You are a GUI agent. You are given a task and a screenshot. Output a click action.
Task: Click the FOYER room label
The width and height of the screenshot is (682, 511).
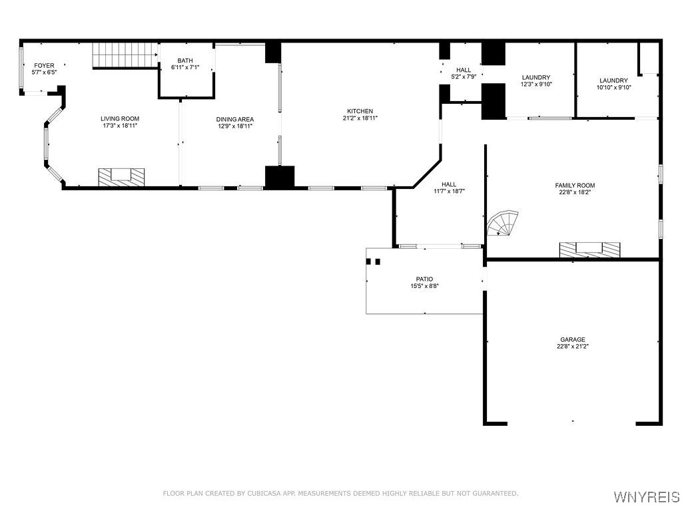[45, 66]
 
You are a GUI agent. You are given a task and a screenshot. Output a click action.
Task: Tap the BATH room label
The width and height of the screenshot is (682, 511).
[185, 61]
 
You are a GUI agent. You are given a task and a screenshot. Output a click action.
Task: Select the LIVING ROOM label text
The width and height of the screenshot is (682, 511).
[120, 118]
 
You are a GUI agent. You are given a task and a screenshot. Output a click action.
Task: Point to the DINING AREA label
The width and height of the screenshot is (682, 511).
[235, 119]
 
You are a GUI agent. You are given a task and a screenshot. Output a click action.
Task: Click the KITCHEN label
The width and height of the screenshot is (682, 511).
[360, 111]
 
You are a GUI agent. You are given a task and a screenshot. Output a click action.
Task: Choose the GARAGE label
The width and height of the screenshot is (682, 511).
[572, 339]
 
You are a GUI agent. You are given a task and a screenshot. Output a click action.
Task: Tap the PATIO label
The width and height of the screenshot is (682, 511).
[424, 279]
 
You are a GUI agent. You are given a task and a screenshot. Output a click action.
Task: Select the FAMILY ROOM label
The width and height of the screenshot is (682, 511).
[575, 185]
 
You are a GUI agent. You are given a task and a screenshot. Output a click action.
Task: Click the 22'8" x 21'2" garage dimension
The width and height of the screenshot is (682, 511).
[572, 346]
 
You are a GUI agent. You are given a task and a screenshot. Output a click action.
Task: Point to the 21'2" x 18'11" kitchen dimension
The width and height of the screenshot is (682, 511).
[360, 118]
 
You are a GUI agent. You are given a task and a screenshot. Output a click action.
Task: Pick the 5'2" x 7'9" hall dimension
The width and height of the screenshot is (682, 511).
[464, 77]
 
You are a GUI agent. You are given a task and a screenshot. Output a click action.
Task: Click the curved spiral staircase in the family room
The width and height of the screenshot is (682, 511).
[502, 224]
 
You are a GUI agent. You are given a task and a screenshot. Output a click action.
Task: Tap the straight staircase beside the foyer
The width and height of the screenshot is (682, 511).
[125, 55]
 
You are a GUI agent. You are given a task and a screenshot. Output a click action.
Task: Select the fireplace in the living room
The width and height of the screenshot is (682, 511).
[121, 177]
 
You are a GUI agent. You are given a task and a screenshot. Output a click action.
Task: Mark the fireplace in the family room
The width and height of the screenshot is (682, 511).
[589, 250]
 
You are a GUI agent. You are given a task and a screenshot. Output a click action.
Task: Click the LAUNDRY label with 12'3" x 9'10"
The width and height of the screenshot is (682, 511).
[536, 77]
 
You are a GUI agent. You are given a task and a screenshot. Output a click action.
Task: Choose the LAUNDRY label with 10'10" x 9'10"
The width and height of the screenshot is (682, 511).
[613, 81]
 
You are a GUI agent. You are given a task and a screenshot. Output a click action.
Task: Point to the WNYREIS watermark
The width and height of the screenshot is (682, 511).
[646, 496]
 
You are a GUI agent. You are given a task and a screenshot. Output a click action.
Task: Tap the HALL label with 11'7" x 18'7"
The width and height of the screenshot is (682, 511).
[449, 184]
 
